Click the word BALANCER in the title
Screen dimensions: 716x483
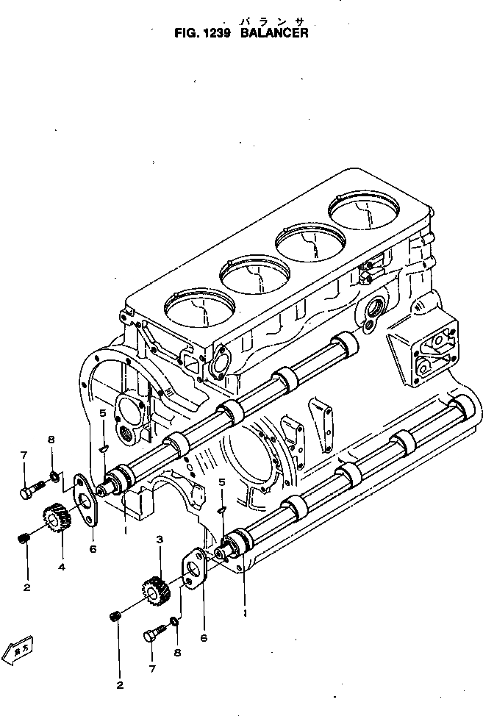(274, 33)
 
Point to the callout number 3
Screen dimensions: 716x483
(158, 540)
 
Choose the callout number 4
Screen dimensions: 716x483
(62, 567)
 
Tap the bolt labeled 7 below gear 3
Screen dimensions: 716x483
(153, 631)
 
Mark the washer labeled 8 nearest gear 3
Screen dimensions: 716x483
(173, 623)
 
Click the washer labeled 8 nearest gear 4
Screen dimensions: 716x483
(54, 480)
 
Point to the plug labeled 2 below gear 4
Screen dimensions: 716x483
(24, 540)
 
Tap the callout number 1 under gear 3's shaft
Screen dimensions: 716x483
(244, 610)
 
